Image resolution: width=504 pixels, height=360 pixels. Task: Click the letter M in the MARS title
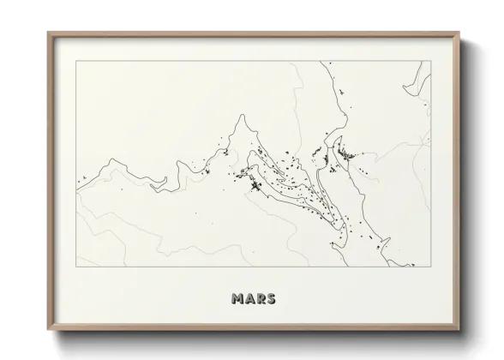click(x=237, y=299)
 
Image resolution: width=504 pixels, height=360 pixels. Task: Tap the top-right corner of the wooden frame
click(x=460, y=33)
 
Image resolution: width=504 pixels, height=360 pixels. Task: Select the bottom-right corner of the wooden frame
click(x=460, y=327)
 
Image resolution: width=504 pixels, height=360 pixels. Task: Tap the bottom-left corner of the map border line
click(x=77, y=267)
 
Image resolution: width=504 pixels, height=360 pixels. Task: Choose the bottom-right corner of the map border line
click(x=431, y=267)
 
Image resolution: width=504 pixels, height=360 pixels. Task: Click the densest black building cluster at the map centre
click(x=255, y=185)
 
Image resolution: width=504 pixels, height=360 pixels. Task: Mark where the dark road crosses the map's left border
click(x=77, y=180)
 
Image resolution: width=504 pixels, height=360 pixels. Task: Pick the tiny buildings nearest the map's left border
click(x=84, y=179)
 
